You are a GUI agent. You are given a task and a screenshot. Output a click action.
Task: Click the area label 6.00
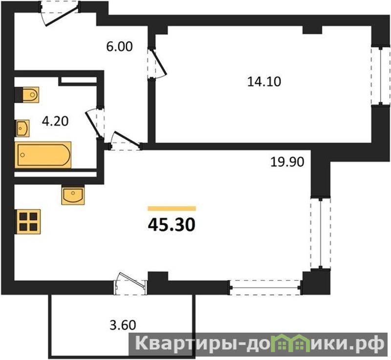coord(119,47)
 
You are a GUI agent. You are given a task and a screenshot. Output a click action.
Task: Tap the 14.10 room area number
coord(264,82)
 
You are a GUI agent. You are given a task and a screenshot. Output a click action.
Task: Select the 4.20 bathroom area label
coord(55,121)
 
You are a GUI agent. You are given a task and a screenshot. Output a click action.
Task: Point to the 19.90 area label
coord(287,162)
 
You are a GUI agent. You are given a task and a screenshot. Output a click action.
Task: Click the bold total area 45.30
coord(172,225)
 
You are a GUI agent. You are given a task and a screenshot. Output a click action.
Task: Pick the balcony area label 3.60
coord(123,325)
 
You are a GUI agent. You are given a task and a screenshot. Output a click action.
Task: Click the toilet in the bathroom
coord(27,94)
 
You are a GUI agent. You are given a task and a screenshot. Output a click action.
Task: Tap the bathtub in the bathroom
coord(43,155)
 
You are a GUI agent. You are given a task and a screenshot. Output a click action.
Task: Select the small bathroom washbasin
coord(22,128)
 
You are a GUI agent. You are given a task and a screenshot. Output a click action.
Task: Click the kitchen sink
coord(73,195)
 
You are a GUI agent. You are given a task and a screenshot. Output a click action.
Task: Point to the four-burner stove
coord(28,222)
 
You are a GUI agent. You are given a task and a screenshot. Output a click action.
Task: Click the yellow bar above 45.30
coord(172,208)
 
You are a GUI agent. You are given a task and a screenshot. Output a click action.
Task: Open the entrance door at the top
coord(59,13)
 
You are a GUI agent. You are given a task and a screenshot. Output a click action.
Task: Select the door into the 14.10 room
coord(156,63)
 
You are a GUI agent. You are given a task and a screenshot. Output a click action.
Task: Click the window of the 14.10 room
coord(381,76)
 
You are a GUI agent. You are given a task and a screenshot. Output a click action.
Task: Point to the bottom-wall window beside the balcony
coord(266,288)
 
